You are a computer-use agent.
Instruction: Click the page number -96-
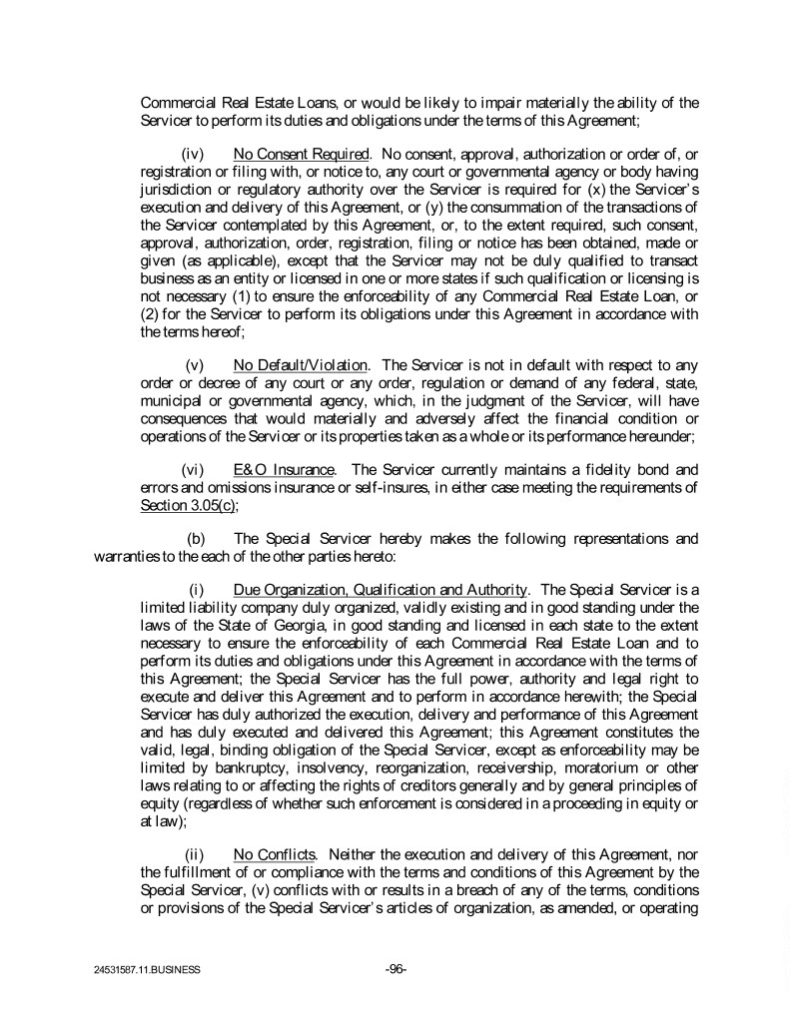[395, 968]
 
